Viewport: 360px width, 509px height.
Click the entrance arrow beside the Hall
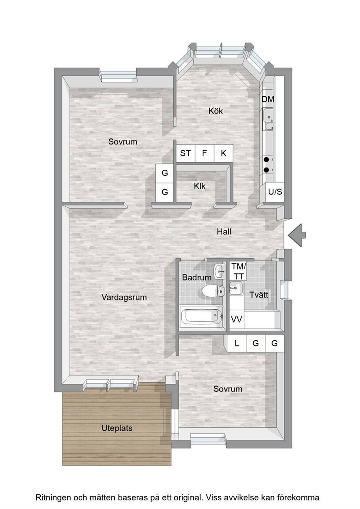pyautogui.click(x=297, y=235)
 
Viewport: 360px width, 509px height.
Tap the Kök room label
pyautogui.click(x=216, y=111)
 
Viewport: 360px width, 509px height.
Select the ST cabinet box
pyautogui.click(x=185, y=153)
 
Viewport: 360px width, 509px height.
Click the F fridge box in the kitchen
pyautogui.click(x=204, y=153)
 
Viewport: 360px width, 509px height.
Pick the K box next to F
pyautogui.click(x=223, y=153)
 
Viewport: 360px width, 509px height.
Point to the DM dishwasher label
pyautogui.click(x=268, y=99)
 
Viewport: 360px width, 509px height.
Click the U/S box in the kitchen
pyautogui.click(x=275, y=192)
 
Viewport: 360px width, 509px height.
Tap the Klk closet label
pyautogui.click(x=199, y=186)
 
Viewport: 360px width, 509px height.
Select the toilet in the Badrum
pyautogui.click(x=213, y=291)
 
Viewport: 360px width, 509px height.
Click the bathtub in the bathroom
pyautogui.click(x=202, y=316)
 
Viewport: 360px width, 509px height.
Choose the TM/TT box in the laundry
pyautogui.click(x=238, y=271)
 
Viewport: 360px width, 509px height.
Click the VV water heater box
pyautogui.click(x=237, y=320)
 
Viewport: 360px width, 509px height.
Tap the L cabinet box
pyautogui.click(x=237, y=343)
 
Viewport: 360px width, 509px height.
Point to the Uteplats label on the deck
pyautogui.click(x=117, y=428)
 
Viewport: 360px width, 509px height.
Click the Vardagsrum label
pyautogui.click(x=124, y=297)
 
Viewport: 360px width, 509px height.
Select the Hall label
pyautogui.click(x=224, y=232)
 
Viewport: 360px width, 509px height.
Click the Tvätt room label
pyautogui.click(x=259, y=295)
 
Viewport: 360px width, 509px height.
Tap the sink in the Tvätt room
pyautogui.click(x=236, y=288)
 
